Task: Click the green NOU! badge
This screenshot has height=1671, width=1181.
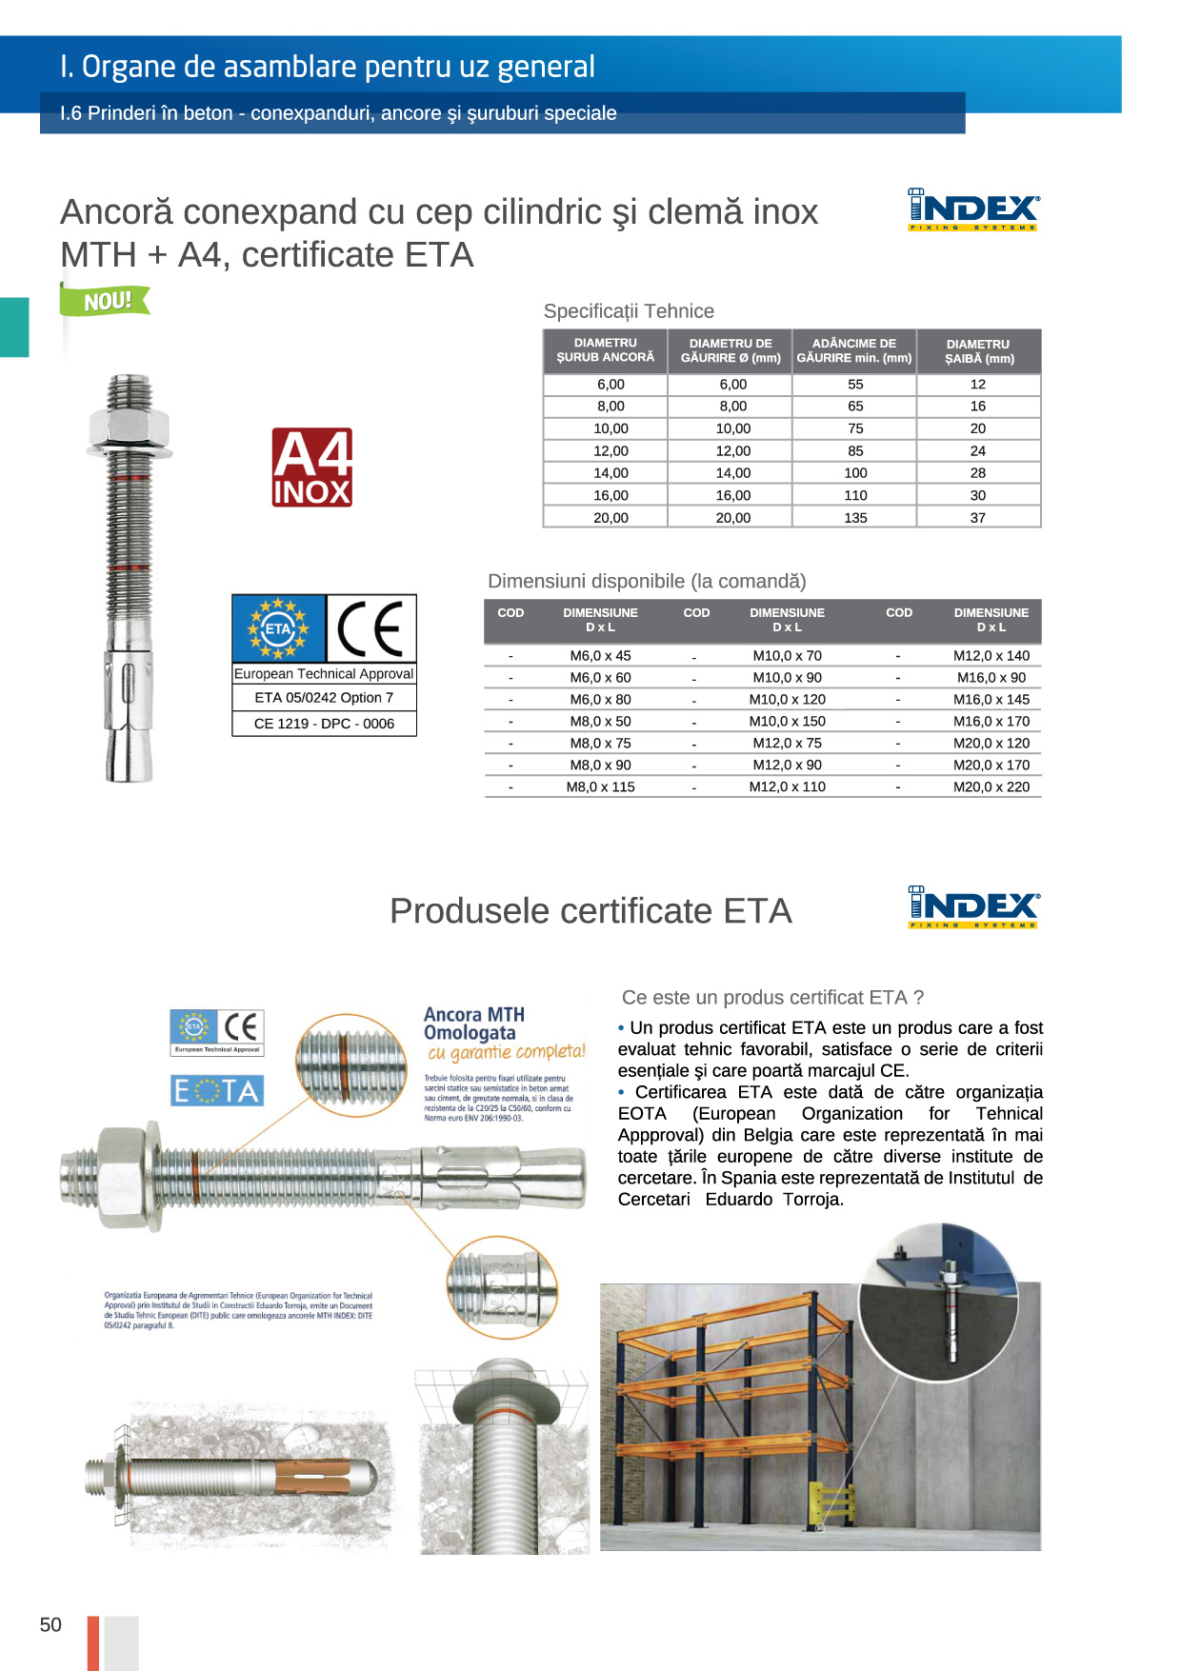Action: click(106, 301)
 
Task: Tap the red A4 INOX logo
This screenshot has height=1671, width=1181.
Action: click(312, 467)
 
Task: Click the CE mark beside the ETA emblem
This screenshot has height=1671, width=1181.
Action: click(370, 628)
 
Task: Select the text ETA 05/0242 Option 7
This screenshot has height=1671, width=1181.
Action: click(324, 698)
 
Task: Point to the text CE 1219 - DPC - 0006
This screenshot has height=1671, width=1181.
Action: click(324, 724)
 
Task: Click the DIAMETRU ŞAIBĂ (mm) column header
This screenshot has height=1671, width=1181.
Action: click(978, 351)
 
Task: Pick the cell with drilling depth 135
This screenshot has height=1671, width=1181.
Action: click(855, 518)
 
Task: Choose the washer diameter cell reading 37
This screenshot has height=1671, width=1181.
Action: click(978, 518)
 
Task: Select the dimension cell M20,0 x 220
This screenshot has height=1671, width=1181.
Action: click(991, 787)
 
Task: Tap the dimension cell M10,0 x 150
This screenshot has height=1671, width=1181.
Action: click(787, 722)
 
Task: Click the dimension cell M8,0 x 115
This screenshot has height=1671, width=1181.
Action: click(600, 787)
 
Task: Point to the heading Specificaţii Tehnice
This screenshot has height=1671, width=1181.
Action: click(629, 311)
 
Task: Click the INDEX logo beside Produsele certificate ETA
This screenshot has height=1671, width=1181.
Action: click(973, 906)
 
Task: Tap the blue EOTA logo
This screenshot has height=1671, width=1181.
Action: click(217, 1091)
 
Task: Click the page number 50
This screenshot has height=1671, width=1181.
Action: click(50, 1625)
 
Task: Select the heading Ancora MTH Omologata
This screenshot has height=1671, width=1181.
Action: click(473, 1024)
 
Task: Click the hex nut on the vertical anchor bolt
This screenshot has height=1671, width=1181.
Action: click(129, 425)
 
